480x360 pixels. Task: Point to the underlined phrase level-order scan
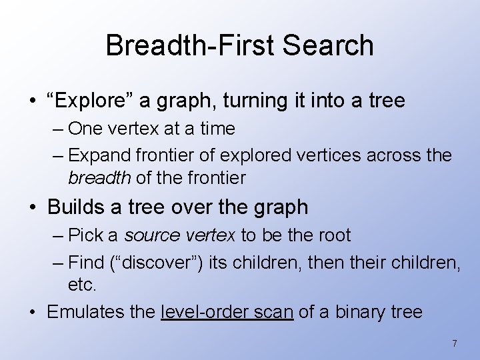tap(227, 311)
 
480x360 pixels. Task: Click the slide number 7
tap(455, 343)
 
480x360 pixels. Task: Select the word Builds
tap(77, 207)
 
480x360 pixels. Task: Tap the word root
tap(337, 235)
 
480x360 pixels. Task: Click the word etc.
tap(82, 285)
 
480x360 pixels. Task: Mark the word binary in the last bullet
tap(360, 311)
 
